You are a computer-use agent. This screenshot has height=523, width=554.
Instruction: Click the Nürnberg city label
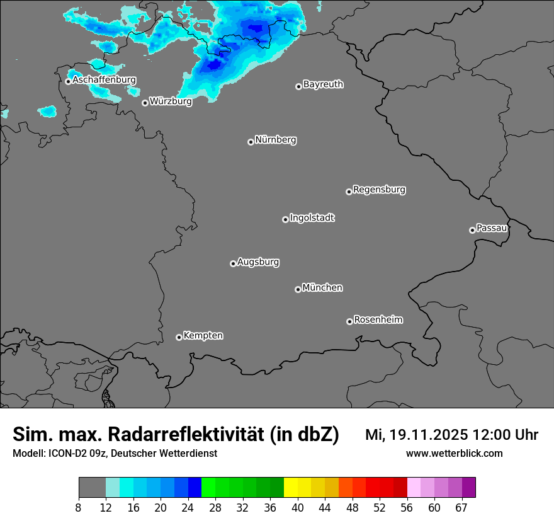click(x=275, y=140)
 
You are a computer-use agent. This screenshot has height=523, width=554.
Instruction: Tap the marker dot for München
click(x=298, y=290)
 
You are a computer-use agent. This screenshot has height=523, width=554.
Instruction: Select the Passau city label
click(x=492, y=228)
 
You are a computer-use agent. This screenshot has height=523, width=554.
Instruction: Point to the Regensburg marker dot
click(x=349, y=192)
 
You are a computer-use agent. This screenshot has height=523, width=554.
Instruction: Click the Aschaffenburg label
click(x=104, y=80)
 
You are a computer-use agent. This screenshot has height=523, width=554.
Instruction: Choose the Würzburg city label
click(x=171, y=101)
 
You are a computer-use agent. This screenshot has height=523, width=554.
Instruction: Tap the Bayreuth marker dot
click(x=298, y=87)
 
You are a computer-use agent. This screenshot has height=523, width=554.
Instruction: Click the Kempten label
click(x=203, y=335)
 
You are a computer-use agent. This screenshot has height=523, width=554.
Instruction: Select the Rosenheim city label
click(x=378, y=319)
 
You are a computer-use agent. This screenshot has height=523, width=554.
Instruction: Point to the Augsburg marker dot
click(x=233, y=263)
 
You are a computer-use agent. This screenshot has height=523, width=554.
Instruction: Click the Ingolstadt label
click(x=312, y=218)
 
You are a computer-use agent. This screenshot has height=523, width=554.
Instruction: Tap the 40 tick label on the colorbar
click(x=297, y=508)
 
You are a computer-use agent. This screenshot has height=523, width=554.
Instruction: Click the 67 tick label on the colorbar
click(x=461, y=508)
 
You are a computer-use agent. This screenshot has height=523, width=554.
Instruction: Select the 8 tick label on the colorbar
click(x=79, y=508)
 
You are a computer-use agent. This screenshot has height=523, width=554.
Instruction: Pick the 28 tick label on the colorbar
click(x=215, y=508)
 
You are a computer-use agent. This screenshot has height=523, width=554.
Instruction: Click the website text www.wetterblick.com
click(x=454, y=454)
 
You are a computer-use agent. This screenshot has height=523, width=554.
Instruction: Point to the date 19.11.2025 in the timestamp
click(x=429, y=435)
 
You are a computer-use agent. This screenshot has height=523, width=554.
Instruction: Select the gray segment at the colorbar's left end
click(x=92, y=488)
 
